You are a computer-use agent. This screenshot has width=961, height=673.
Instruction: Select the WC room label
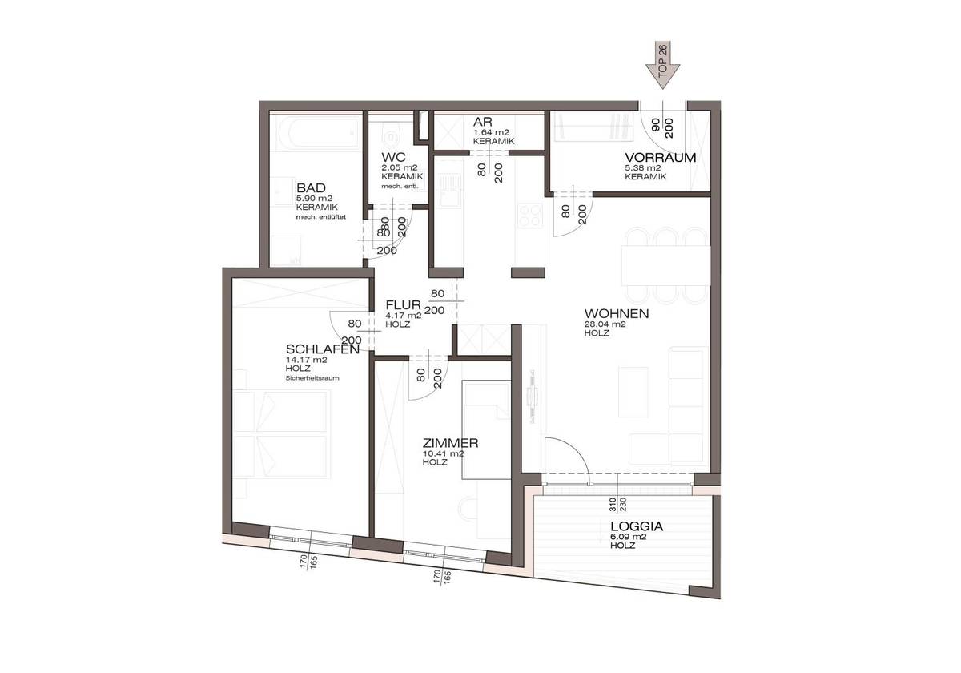(x=393, y=156)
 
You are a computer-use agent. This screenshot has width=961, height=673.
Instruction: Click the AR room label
(x=481, y=121)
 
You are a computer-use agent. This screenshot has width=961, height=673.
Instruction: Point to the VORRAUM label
(x=660, y=157)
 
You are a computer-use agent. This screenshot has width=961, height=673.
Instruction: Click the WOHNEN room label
(x=616, y=313)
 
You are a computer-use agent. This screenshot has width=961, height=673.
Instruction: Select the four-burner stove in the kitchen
(x=530, y=216)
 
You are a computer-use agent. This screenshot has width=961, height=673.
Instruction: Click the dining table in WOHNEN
(x=666, y=264)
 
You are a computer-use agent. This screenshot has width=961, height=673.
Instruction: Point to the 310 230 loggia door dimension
(x=617, y=505)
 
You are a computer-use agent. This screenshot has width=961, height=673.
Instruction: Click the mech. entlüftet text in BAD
(x=320, y=216)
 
